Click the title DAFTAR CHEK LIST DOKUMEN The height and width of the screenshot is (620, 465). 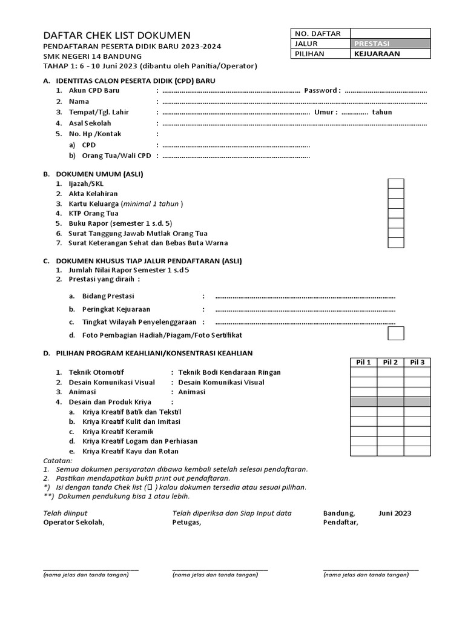(x=116, y=36)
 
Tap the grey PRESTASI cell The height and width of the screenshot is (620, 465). (x=391, y=44)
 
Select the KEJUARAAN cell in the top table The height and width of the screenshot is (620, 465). (x=391, y=54)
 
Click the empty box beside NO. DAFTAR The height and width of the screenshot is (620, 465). (x=391, y=33)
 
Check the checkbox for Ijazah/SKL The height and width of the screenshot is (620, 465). (x=396, y=184)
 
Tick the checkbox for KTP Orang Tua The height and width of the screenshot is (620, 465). (x=396, y=213)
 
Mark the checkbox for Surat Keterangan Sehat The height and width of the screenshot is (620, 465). (x=396, y=243)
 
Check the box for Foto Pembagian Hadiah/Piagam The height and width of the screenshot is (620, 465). (x=396, y=334)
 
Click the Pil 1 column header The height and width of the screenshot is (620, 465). (x=364, y=362)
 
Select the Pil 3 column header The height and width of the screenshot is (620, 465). (x=417, y=362)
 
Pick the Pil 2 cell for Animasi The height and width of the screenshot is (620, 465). (x=391, y=392)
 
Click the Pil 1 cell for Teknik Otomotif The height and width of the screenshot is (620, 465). (x=364, y=372)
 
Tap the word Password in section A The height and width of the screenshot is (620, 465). (x=322, y=91)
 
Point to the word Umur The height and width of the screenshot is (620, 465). (x=325, y=113)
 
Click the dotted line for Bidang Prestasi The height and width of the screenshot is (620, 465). (x=305, y=297)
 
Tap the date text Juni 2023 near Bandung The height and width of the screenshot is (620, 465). (x=395, y=513)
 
